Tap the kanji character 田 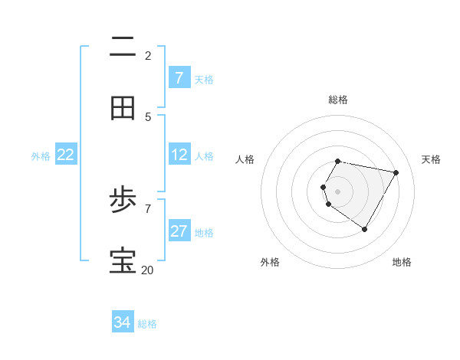pyautogui.click(x=123, y=109)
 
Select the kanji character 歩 pyautogui.click(x=123, y=201)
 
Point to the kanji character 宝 pyautogui.click(x=123, y=261)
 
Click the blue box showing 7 pyautogui.click(x=179, y=77)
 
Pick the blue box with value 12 pyautogui.click(x=179, y=155)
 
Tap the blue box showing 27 pyautogui.click(x=179, y=231)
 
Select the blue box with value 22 pyautogui.click(x=65, y=155)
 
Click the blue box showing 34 pyautogui.click(x=122, y=322)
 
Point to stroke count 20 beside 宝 pyautogui.click(x=147, y=270)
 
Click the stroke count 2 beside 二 pyautogui.click(x=147, y=55)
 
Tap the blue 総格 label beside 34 pyautogui.click(x=147, y=324)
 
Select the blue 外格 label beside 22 pyautogui.click(x=41, y=156)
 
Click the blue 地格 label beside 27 pyautogui.click(x=204, y=233)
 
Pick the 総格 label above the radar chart pyautogui.click(x=338, y=100)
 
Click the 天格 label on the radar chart pyautogui.click(x=431, y=159)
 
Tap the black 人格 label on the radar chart pyautogui.click(x=245, y=159)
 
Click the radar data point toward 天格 pyautogui.click(x=396, y=173)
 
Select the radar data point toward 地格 pyautogui.click(x=364, y=229)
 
